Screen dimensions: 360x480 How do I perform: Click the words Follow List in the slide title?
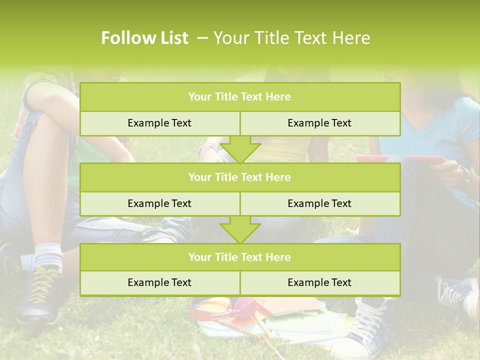pyautogui.click(x=144, y=38)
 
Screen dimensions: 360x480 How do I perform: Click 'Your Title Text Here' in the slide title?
pyautogui.click(x=291, y=38)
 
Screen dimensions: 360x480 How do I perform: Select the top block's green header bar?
pyautogui.click(x=239, y=97)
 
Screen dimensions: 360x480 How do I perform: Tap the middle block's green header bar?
pyautogui.click(x=239, y=177)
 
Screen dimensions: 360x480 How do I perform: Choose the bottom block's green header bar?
pyautogui.click(x=239, y=257)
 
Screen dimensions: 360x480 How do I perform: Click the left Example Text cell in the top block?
pyautogui.click(x=159, y=123)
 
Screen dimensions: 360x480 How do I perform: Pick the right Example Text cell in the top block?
pyautogui.click(x=319, y=123)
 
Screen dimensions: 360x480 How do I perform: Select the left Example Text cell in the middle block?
pyautogui.click(x=159, y=203)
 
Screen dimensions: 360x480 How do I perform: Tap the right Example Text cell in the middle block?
pyautogui.click(x=319, y=203)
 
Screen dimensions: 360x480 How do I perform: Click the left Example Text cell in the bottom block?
pyautogui.click(x=159, y=282)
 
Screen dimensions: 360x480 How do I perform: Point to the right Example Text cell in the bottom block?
pyautogui.click(x=319, y=282)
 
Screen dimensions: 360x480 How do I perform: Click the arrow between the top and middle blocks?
pyautogui.click(x=240, y=149)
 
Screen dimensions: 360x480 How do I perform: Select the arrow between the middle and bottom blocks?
pyautogui.click(x=240, y=229)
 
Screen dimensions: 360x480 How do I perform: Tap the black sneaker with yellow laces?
pyautogui.click(x=40, y=295)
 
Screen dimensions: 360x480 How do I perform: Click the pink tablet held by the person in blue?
pyautogui.click(x=400, y=159)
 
